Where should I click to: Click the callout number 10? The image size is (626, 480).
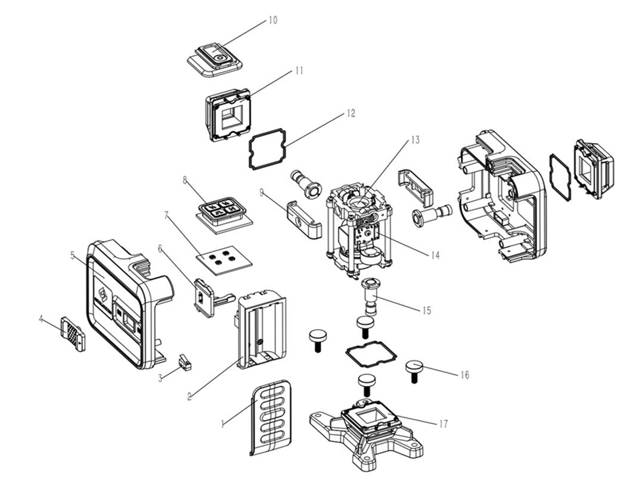point(272,20)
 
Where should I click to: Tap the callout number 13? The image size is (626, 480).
point(415,141)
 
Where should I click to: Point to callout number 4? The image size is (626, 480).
point(41,319)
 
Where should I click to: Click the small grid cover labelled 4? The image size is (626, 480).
point(73,334)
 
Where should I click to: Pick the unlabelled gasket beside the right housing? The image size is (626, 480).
point(560,177)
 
